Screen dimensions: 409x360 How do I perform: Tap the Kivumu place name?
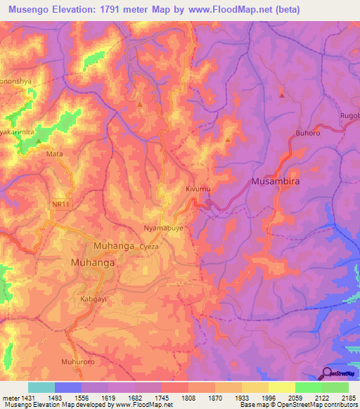[x=198, y=190]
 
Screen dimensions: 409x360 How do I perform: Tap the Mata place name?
[x=54, y=152]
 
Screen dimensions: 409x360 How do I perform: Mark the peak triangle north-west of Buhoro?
[x=282, y=94]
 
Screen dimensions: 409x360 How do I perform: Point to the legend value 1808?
[x=188, y=398]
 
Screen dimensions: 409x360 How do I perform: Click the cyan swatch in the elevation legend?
[x=41, y=387]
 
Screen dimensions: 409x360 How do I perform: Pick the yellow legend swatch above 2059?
[x=281, y=387]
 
